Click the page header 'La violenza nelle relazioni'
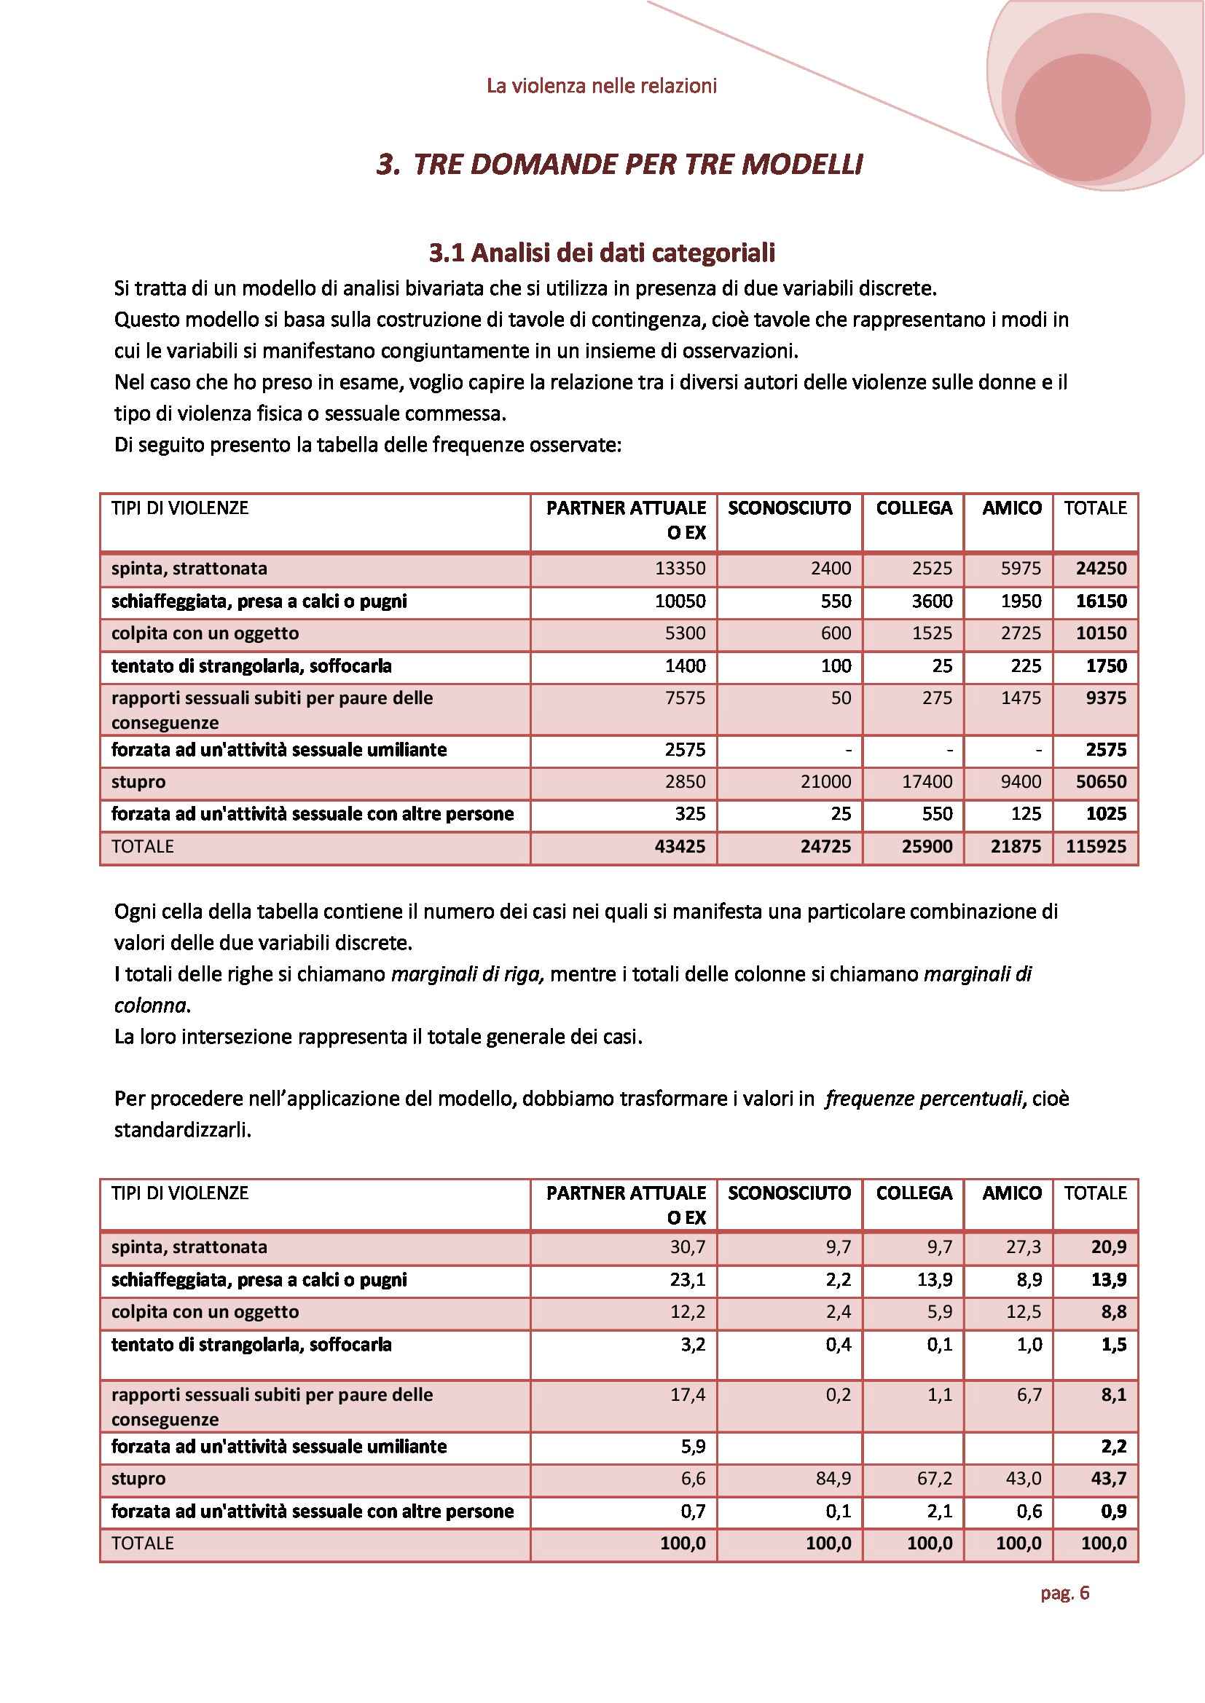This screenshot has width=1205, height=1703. pyautogui.click(x=601, y=86)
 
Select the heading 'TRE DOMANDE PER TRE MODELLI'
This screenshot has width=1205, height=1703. pyautogui.click(x=637, y=164)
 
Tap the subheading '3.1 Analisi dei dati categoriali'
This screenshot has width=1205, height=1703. pyautogui.click(x=602, y=253)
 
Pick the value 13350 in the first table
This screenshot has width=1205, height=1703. pyautogui.click(x=680, y=568)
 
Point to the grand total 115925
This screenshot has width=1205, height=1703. pyautogui.click(x=1095, y=846)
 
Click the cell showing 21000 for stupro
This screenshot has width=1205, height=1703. pyautogui.click(x=825, y=782)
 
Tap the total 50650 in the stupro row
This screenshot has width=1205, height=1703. pyautogui.click(x=1101, y=782)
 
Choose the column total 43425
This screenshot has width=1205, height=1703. pyautogui.click(x=680, y=846)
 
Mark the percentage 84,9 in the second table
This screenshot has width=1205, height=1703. pyautogui.click(x=833, y=1478)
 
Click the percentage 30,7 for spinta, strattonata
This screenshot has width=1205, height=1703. pyautogui.click(x=687, y=1246)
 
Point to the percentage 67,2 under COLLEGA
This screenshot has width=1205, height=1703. pyautogui.click(x=934, y=1478)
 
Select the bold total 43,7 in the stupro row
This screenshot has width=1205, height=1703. pyautogui.click(x=1109, y=1478)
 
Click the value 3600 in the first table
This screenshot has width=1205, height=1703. pyautogui.click(x=932, y=601)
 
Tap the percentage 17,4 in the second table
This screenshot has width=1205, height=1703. pyautogui.click(x=687, y=1394)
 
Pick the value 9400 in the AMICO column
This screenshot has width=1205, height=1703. pyautogui.click(x=1021, y=782)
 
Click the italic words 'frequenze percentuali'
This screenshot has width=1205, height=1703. pyautogui.click(x=924, y=1099)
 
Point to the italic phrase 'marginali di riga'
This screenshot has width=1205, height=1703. pyautogui.click(x=468, y=974)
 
